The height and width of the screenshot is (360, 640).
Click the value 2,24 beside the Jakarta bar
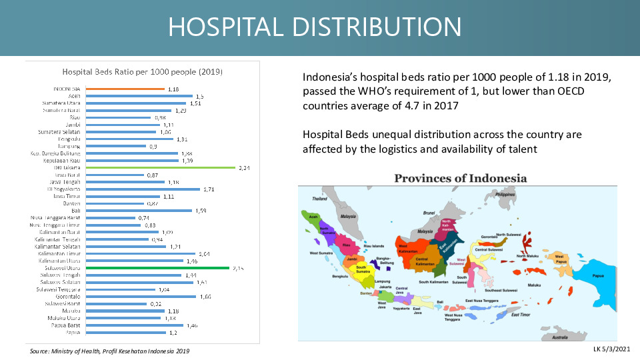[245, 168]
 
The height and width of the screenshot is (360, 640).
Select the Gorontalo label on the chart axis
[67, 297]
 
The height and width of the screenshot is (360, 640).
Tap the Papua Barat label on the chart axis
[65, 325]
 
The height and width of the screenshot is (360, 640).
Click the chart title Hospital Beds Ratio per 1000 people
[142, 71]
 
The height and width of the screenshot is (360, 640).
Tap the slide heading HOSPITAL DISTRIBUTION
[314, 27]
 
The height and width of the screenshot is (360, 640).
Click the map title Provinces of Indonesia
[460, 178]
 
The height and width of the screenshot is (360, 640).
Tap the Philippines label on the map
[506, 194]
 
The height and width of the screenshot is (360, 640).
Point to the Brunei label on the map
[430, 213]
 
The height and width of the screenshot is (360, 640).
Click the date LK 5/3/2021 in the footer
[612, 349]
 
